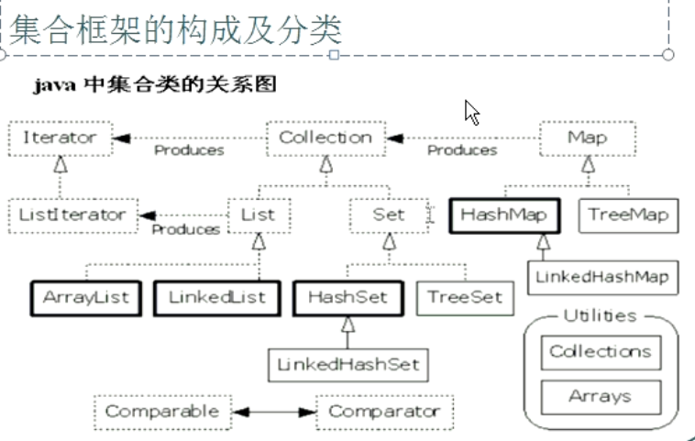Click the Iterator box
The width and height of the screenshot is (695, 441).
pyautogui.click(x=60, y=138)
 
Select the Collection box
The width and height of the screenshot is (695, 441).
pyautogui.click(x=325, y=138)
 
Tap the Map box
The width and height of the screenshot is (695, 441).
pyautogui.click(x=587, y=138)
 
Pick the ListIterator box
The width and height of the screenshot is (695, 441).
pyautogui.click(x=72, y=215)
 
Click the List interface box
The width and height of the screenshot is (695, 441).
pyautogui.click(x=258, y=215)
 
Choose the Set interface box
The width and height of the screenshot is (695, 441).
pyautogui.click(x=388, y=215)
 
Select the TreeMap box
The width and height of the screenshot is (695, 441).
pyautogui.click(x=628, y=216)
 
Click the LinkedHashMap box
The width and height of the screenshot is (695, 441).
pyautogui.click(x=603, y=276)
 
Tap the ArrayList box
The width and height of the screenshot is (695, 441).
pyautogui.click(x=85, y=298)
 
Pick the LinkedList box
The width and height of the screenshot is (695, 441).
pyautogui.click(x=217, y=298)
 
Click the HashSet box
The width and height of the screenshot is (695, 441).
pyautogui.click(x=348, y=298)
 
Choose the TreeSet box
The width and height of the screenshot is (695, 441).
pyautogui.click(x=465, y=298)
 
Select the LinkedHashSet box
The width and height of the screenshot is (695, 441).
pyautogui.click(x=348, y=364)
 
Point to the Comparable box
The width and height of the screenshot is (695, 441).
pyautogui.click(x=161, y=412)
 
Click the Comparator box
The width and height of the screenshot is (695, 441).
pyautogui.click(x=384, y=412)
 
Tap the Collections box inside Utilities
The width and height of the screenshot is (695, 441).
pyautogui.click(x=601, y=352)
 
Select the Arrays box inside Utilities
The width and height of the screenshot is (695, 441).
pyautogui.click(x=601, y=397)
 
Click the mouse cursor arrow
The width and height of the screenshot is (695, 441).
pyautogui.click(x=471, y=112)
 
